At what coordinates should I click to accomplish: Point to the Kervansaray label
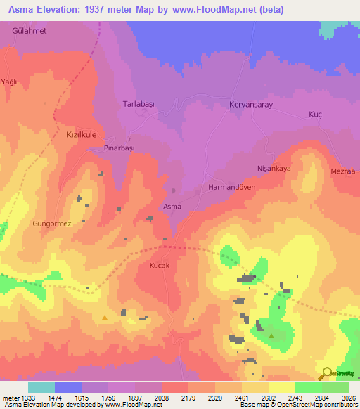point(250,104)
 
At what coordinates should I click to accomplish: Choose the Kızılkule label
point(80,134)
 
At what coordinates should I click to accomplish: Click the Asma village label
point(172,207)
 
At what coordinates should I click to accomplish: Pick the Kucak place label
point(160,266)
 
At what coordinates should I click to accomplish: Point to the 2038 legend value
point(162,398)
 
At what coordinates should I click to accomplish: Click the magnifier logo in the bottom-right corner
point(326,372)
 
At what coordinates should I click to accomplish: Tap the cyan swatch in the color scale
point(41,387)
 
